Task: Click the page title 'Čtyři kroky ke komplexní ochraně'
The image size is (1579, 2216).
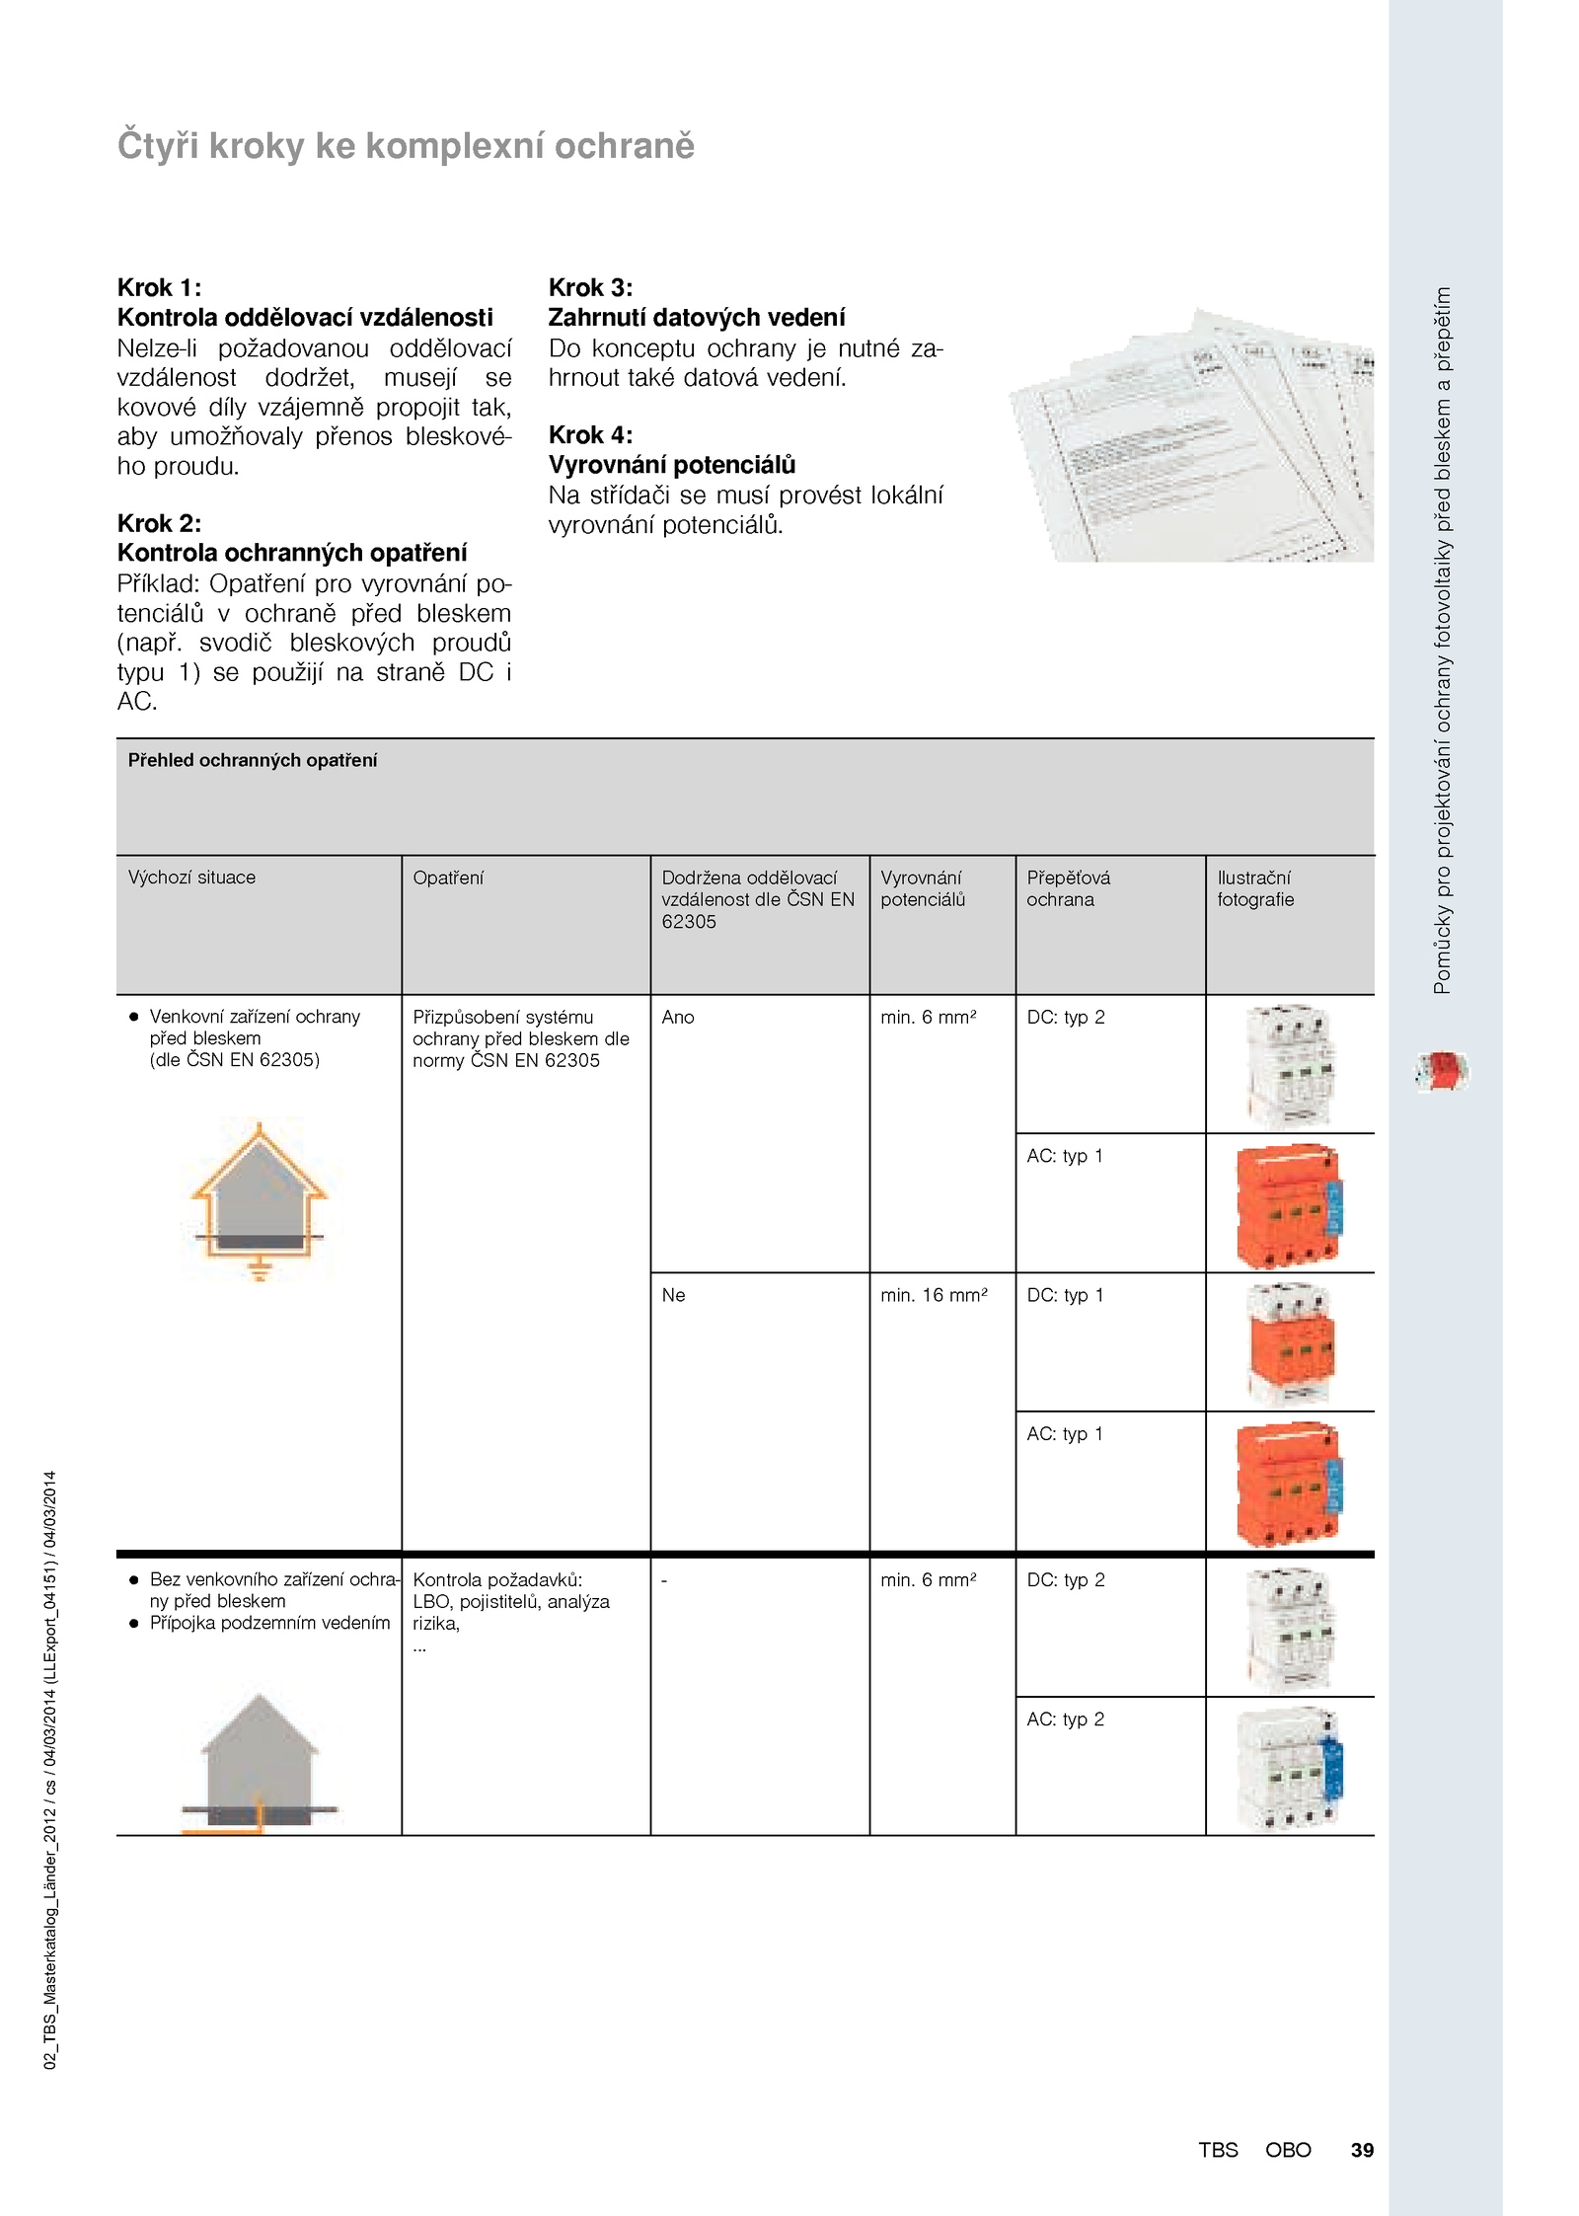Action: [x=406, y=146]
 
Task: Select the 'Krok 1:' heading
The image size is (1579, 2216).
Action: [x=159, y=287]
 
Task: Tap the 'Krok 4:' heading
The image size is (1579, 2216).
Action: [x=590, y=434]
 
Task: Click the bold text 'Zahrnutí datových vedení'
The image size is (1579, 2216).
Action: [x=697, y=317]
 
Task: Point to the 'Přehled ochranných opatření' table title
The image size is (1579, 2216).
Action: [x=253, y=760]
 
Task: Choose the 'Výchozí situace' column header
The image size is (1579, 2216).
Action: [x=191, y=878]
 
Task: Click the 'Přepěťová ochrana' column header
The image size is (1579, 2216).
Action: [x=1068, y=888]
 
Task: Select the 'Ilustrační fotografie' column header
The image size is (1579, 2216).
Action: [x=1254, y=888]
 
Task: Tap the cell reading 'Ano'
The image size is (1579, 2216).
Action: [x=678, y=1017]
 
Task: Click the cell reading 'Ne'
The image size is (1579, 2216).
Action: [x=673, y=1295]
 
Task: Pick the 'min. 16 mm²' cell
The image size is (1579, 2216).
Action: [x=934, y=1295]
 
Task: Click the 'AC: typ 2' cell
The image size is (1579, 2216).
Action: [x=1065, y=1719]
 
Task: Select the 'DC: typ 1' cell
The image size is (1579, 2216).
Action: [x=1065, y=1295]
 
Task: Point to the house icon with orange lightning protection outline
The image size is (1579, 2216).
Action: [x=259, y=1199]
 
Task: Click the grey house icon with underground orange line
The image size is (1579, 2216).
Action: [x=259, y=1763]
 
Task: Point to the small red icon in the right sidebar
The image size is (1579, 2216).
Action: [x=1442, y=1071]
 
